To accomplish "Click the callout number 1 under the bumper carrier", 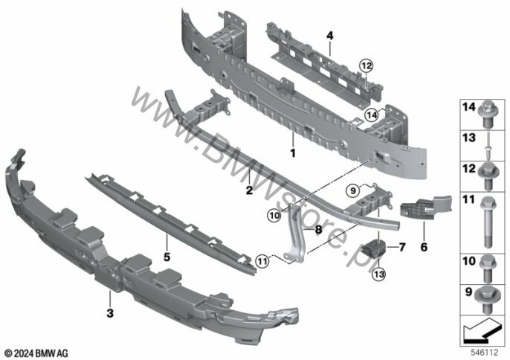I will pos(293,153).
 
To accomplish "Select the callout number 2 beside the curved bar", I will pos(249,191).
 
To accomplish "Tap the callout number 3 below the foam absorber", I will pos(110,314).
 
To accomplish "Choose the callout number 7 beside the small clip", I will pos(402,246).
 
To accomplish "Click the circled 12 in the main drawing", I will pos(365,66).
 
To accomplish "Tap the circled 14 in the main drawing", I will pos(372,115).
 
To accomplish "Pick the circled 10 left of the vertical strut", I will pos(274,216).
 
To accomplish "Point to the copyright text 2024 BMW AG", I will pos(35,352).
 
